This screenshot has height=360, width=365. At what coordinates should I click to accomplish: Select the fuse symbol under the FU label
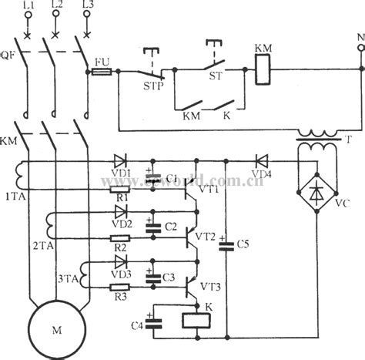coord(103,70)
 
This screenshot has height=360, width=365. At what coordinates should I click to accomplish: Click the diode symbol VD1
coord(119,162)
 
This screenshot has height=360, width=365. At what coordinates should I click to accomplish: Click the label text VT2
coord(206,236)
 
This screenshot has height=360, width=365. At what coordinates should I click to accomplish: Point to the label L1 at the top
coord(30,6)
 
